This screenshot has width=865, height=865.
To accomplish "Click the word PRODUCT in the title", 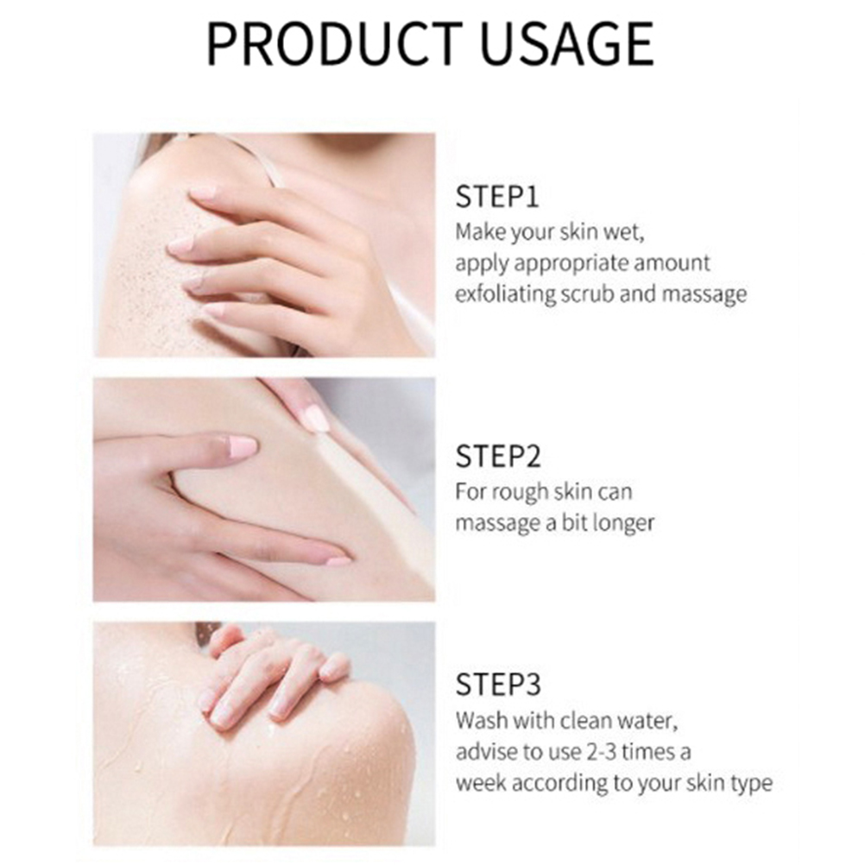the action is point(334,44).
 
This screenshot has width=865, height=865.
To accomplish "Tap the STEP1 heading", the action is point(496,197).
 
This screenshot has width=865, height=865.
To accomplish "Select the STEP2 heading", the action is point(498,456).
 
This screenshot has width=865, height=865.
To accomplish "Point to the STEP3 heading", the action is point(498,685).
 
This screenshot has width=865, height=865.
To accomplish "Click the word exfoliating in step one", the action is point(505,294).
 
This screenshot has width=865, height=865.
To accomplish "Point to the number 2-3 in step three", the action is point(601,752).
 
